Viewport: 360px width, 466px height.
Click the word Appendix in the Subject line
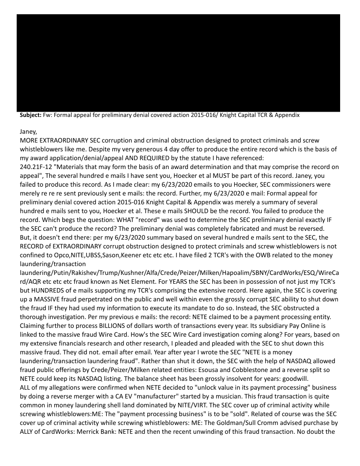(x=285, y=115)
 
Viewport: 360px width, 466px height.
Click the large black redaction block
(x=178, y=63)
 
